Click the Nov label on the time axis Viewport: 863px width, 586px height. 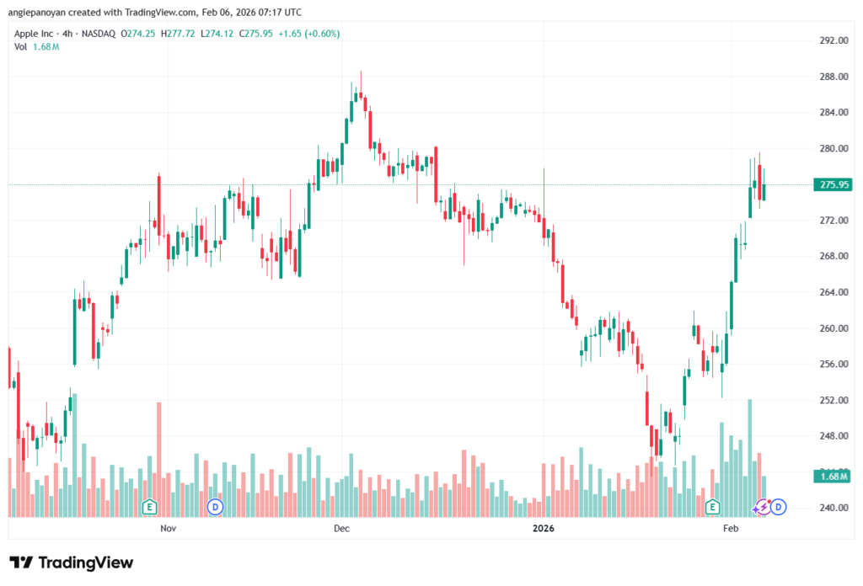coord(169,529)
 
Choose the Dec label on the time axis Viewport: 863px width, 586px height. coord(341,529)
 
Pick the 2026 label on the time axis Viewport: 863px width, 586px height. coord(544,529)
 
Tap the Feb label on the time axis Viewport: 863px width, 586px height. coord(731,529)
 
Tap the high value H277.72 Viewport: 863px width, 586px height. coord(182,34)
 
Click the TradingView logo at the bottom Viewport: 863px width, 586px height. coord(72,562)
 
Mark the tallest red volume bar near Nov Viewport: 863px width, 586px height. coord(158,459)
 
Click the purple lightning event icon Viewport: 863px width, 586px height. coord(763,507)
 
